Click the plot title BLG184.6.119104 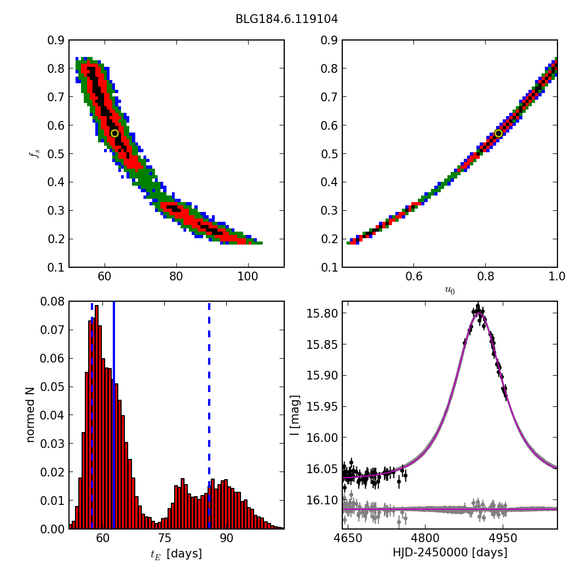click(286, 19)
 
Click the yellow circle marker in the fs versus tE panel click(114, 133)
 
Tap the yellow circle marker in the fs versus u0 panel click(498, 133)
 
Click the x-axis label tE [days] click(176, 554)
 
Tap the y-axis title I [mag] click(295, 415)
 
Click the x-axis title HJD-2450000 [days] click(450, 553)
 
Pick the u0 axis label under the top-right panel click(450, 291)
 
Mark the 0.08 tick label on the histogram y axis click(53, 301)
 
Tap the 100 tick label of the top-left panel click(248, 277)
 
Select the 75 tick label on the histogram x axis click(165, 539)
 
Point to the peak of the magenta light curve click(478, 314)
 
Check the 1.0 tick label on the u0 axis click(557, 277)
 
